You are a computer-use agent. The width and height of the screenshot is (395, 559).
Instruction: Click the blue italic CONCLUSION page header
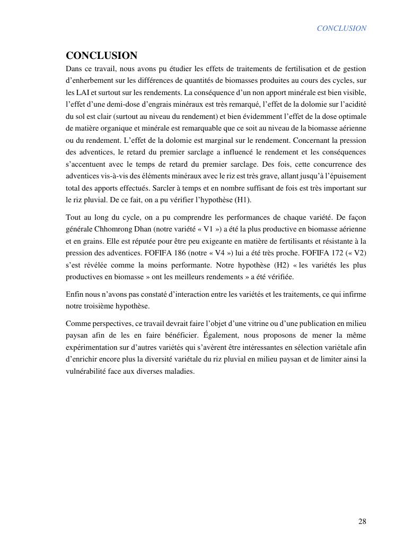point(341,28)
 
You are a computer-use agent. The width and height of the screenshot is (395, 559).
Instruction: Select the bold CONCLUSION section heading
point(101,56)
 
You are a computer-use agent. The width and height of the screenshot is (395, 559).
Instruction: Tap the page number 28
point(362,521)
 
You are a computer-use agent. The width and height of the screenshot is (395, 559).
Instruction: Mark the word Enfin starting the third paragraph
point(75,294)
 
